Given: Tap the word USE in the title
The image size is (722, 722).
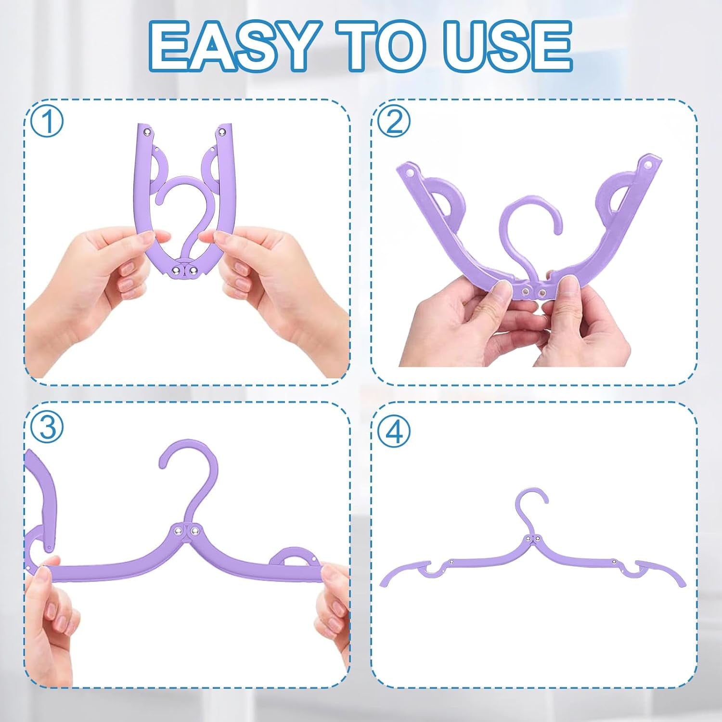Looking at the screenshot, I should pos(498,46).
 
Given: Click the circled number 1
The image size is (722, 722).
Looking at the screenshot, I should pos(48,121).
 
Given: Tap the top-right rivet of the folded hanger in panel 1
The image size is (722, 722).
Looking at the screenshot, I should pos(222,131).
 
